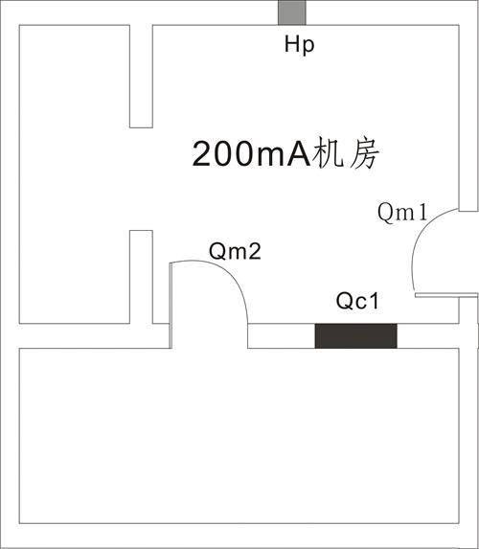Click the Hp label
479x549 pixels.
(299, 46)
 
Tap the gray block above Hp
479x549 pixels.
(291, 12)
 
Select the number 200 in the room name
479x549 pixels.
(222, 154)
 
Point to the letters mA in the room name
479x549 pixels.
(283, 155)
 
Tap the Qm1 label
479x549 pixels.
(402, 213)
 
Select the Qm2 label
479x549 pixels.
(235, 251)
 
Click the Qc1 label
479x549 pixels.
(357, 301)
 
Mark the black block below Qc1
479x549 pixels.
(355, 335)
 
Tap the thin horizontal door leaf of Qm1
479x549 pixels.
(446, 295)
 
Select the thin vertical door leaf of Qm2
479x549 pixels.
(171, 306)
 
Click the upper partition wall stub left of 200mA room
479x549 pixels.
(141, 77)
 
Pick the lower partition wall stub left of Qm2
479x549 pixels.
(141, 277)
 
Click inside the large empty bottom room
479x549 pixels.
(239, 436)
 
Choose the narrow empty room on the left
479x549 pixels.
(75, 174)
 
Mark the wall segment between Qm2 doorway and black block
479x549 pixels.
(282, 335)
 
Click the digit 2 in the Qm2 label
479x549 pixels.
(255, 251)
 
